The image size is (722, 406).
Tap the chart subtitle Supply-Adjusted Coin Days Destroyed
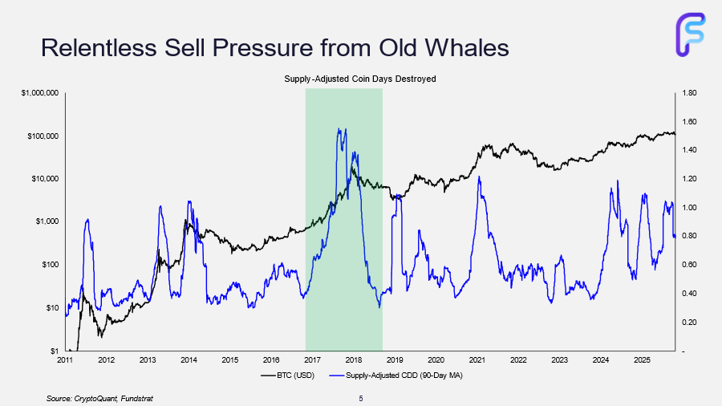pyautogui.click(x=360, y=79)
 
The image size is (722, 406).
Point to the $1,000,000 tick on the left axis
pyautogui.click(x=39, y=93)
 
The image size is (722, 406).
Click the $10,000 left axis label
pyautogui.click(x=45, y=179)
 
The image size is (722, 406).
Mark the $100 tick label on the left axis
pyautogui.click(x=50, y=265)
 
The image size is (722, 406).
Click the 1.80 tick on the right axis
pyautogui.click(x=689, y=93)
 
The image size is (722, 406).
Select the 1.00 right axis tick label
pyautogui.click(x=689, y=208)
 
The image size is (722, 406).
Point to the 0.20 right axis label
pyautogui.click(x=689, y=323)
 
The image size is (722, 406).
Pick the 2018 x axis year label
pyautogui.click(x=354, y=360)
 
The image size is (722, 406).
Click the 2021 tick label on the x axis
pyautogui.click(x=477, y=360)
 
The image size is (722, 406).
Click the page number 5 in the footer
pyautogui.click(x=360, y=398)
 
